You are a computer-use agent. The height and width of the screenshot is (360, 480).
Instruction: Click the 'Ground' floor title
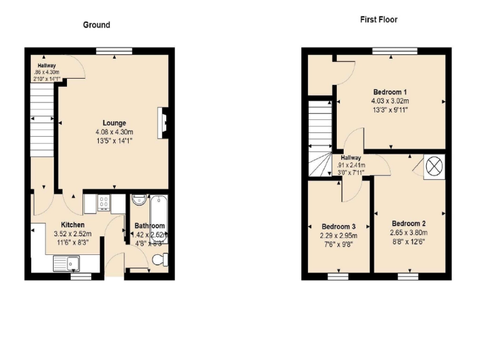point(96,25)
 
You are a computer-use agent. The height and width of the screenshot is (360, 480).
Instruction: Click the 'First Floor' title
point(378,19)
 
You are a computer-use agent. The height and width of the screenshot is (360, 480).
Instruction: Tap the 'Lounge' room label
point(114,122)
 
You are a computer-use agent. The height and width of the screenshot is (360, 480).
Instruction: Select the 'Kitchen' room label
point(72,225)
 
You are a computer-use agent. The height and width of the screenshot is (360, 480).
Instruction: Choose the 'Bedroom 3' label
point(339,226)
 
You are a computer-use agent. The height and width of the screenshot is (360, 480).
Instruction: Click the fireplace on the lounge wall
point(164,121)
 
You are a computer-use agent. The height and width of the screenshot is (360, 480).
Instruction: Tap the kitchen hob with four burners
point(104,201)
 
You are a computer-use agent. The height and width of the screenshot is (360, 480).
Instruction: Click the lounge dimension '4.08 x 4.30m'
point(114,132)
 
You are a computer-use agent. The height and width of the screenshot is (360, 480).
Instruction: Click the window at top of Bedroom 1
point(394,50)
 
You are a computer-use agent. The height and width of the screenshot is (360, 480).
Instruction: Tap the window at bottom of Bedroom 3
point(338,274)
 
